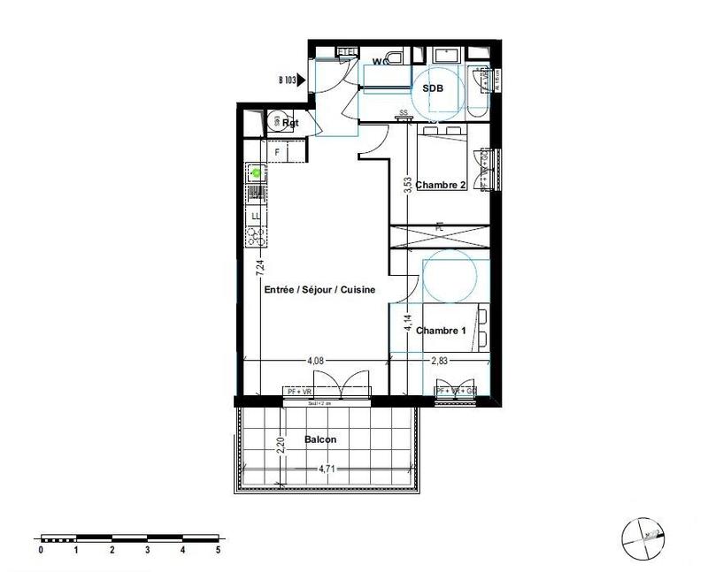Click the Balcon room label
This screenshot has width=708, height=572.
click(x=320, y=439)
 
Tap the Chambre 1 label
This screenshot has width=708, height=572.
click(x=441, y=331)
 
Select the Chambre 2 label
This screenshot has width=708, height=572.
click(x=441, y=185)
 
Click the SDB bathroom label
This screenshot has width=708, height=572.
click(x=432, y=88)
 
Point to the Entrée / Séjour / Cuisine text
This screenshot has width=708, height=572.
click(x=320, y=289)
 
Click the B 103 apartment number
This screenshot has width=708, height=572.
click(x=286, y=80)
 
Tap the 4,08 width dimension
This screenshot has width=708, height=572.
click(x=315, y=361)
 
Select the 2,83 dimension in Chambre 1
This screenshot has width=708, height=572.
click(x=439, y=361)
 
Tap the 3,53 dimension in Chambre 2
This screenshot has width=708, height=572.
click(x=407, y=185)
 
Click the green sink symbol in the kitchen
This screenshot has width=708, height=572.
click(x=256, y=172)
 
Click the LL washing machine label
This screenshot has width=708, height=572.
click(x=256, y=216)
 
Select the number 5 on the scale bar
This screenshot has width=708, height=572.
click(x=218, y=550)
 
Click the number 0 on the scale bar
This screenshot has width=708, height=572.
click(x=41, y=550)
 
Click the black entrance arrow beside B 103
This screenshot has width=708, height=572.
click(x=303, y=80)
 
